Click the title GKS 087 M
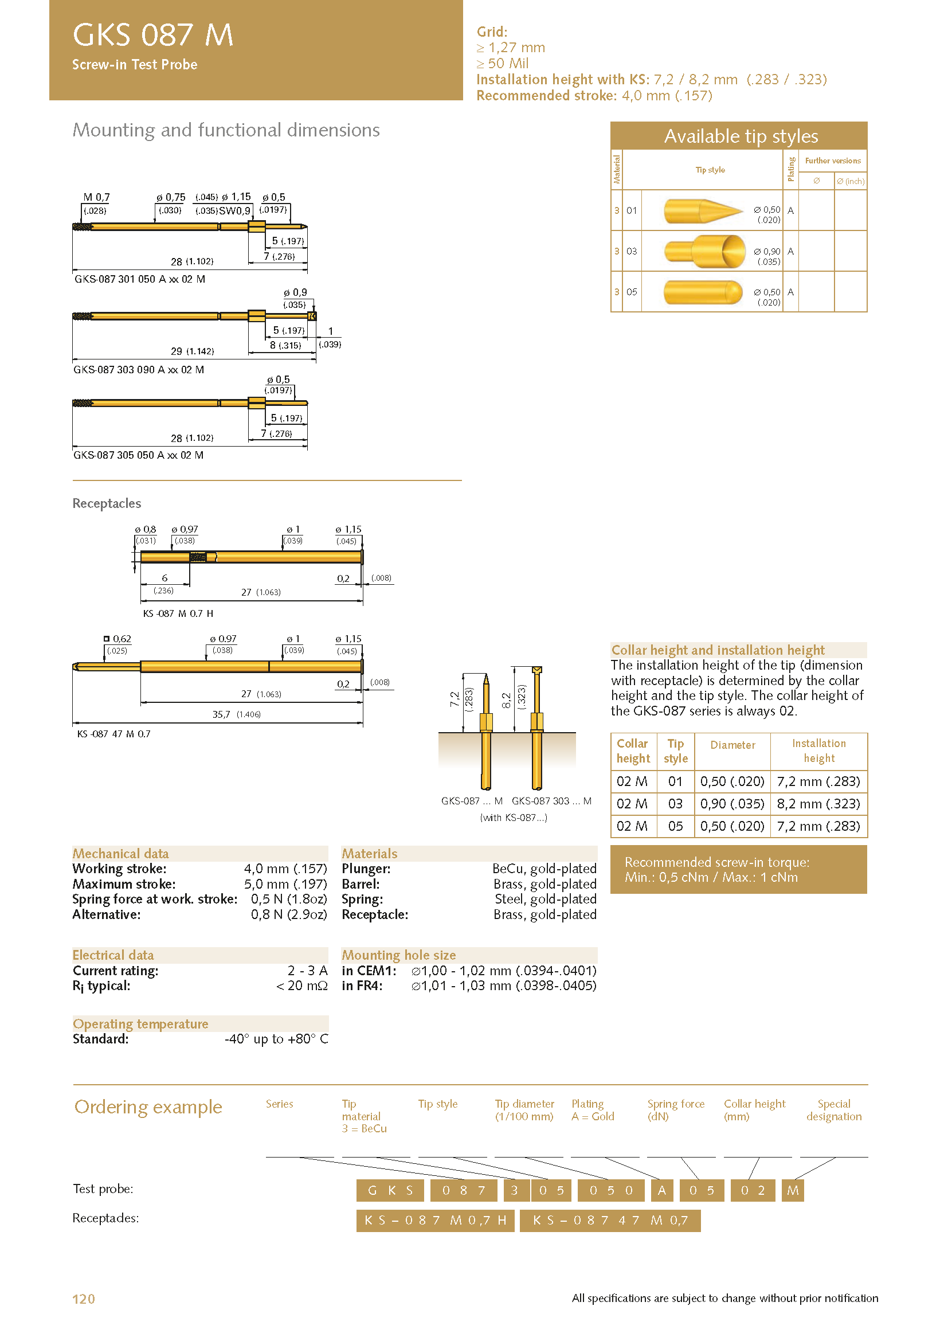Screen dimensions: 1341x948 click(x=153, y=34)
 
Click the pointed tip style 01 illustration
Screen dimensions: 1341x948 click(x=703, y=210)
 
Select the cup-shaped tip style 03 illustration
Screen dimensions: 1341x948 click(x=705, y=251)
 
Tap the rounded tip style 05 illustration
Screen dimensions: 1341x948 click(x=703, y=292)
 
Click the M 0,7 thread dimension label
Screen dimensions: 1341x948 click(x=96, y=197)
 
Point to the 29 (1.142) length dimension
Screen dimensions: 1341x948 click(x=192, y=351)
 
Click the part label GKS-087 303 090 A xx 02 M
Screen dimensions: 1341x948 click(x=139, y=370)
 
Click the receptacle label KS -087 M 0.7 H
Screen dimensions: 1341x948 click(x=178, y=613)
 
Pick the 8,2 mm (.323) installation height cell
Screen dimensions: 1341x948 click(x=818, y=804)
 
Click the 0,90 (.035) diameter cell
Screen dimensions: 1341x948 click(x=732, y=804)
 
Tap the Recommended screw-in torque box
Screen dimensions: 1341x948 click(x=738, y=870)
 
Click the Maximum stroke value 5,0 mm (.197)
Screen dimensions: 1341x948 click(x=285, y=883)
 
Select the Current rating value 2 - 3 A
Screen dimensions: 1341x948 click(x=307, y=971)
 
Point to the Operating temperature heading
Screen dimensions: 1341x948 click(x=140, y=1024)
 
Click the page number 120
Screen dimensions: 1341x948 click(x=84, y=1299)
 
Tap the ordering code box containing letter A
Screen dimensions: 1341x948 click(x=661, y=1190)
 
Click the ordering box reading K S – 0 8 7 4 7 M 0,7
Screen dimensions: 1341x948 click(x=610, y=1220)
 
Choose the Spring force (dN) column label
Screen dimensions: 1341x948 click(x=675, y=1110)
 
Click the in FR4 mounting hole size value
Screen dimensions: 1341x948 click(x=503, y=986)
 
